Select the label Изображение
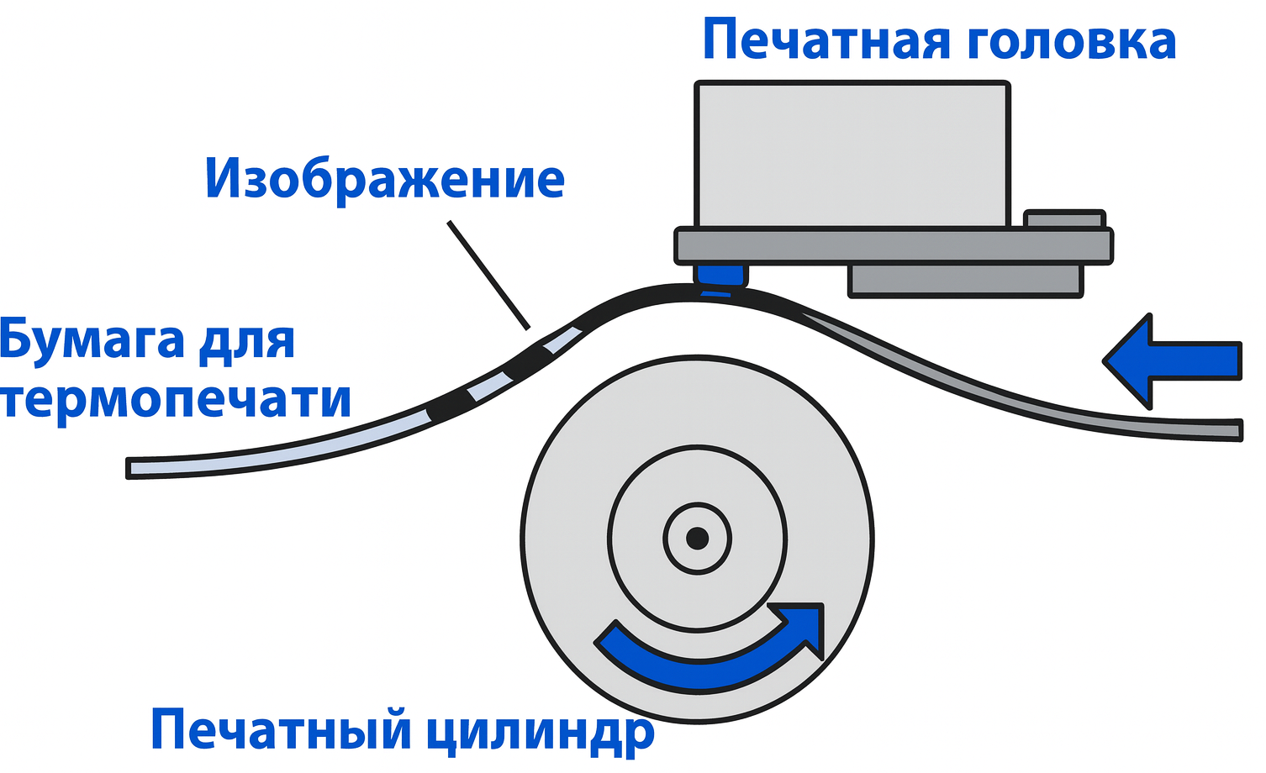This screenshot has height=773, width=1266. pyautogui.click(x=385, y=180)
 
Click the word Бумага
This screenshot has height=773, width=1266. pyautogui.click(x=92, y=340)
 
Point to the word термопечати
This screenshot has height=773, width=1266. pyautogui.click(x=175, y=399)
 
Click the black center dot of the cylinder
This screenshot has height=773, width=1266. pyautogui.click(x=697, y=538)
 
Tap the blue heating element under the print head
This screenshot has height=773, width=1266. pyautogui.click(x=720, y=276)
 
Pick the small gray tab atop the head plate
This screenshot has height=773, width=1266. pyautogui.click(x=1063, y=219)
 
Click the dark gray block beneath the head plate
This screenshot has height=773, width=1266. pyautogui.click(x=965, y=280)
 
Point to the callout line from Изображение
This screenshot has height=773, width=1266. pyautogui.click(x=488, y=274)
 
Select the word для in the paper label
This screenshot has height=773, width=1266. pyautogui.click(x=247, y=340)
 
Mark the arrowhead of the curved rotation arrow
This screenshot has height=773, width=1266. pyautogui.click(x=802, y=626)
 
